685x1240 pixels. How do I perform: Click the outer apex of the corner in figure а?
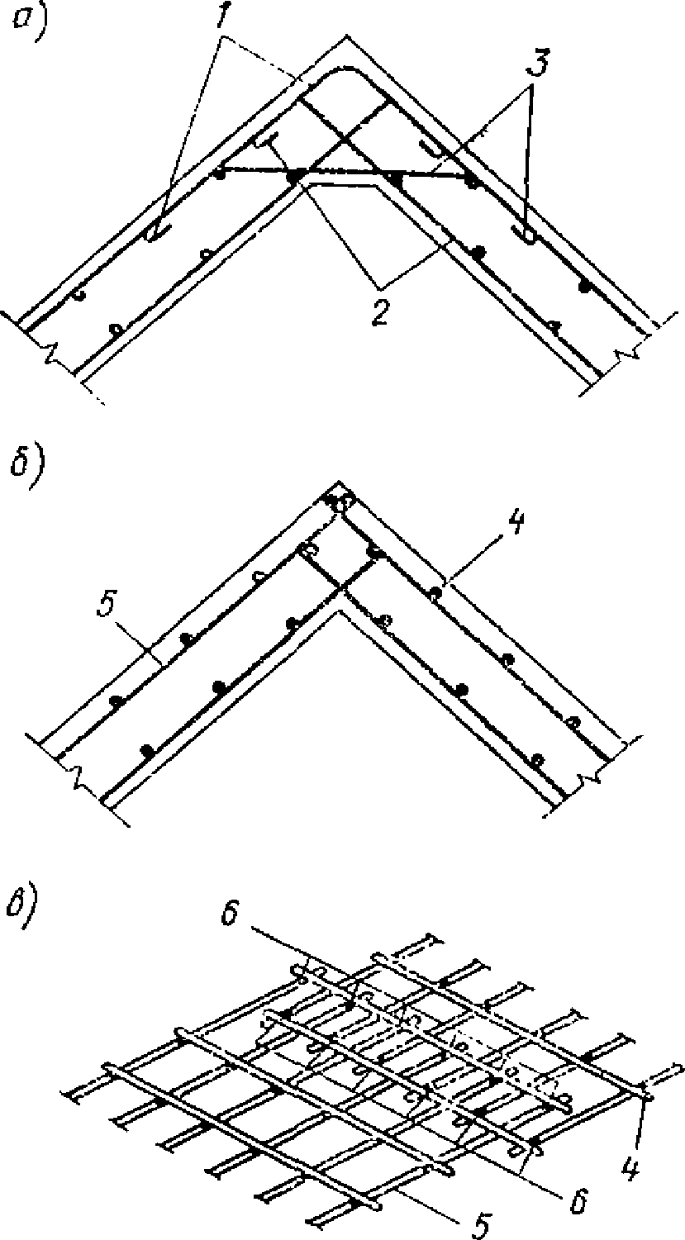point(347,36)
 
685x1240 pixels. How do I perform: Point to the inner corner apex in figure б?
point(338,612)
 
